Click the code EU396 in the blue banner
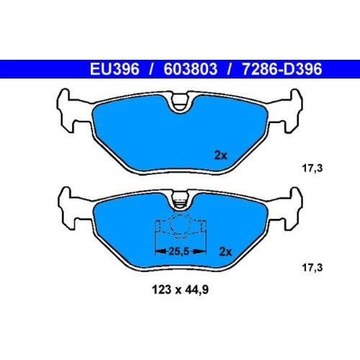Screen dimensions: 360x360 point(114,69)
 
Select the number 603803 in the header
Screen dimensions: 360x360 point(190,69)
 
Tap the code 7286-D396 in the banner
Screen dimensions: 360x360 point(282,69)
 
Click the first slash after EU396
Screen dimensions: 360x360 point(151,69)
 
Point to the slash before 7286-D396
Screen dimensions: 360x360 point(230,69)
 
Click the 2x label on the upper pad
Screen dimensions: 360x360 point(220,156)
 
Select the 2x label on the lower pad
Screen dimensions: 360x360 point(225,252)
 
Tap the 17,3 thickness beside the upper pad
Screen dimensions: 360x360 point(312,168)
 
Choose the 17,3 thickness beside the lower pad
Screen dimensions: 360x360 point(312,267)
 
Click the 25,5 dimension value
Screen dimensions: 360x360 point(179,251)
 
